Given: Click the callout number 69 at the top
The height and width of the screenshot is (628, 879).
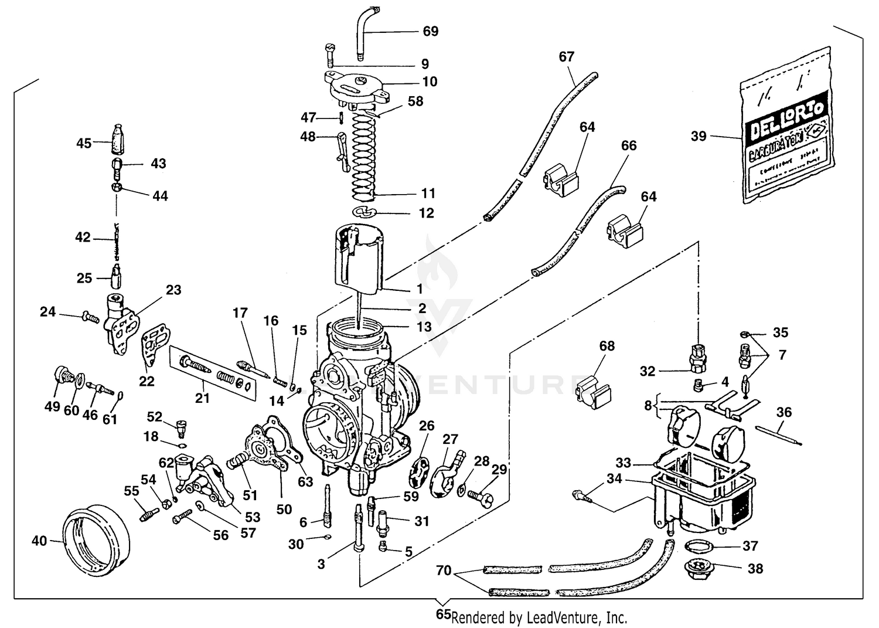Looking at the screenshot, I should point(430,31).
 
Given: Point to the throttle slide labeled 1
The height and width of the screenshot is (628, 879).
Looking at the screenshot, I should point(357,258).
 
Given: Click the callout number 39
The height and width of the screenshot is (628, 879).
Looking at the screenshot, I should point(699,137).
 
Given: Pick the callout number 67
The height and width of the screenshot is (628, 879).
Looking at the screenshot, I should point(566,57).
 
